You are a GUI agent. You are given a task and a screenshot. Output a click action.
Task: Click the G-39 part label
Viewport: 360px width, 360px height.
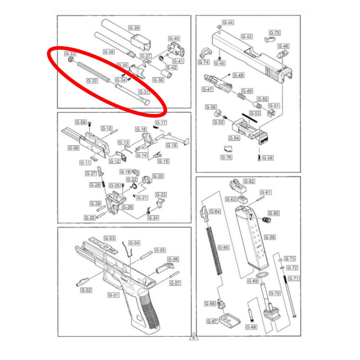(x=134, y=28)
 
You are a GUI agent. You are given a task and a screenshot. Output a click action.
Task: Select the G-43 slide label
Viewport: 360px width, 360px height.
(x=247, y=37)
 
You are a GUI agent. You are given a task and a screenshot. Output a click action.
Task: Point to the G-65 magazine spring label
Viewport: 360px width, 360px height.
(x=223, y=247)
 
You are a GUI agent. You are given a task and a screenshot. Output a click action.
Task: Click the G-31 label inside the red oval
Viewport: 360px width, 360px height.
(x=144, y=92)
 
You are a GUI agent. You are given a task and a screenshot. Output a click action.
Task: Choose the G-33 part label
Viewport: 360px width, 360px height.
(x=70, y=54)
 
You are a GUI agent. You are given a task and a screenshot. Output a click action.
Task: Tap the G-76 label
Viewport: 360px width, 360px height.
(x=226, y=157)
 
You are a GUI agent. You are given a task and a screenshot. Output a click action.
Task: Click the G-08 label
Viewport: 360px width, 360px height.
(x=73, y=148)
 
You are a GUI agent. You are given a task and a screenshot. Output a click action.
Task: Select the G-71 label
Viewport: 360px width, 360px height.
(x=293, y=278)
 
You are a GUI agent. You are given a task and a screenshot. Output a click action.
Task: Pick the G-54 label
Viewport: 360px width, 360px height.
(x=234, y=138)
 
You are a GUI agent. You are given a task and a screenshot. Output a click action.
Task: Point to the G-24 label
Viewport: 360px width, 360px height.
(x=154, y=217)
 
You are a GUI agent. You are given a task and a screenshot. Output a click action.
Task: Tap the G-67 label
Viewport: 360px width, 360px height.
(x=212, y=321)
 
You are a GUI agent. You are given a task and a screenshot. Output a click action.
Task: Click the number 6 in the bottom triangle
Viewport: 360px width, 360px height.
(x=194, y=338)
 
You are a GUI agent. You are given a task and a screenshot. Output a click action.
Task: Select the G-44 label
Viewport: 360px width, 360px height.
(x=228, y=23)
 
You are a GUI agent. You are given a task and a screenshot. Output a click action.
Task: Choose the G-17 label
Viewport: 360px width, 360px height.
(x=161, y=122)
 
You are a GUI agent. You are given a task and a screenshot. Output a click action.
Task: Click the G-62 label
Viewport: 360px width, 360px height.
(x=249, y=181)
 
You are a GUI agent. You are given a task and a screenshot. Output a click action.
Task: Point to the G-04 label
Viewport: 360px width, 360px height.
(x=134, y=243)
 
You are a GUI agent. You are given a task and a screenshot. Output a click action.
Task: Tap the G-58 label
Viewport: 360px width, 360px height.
(x=268, y=158)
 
